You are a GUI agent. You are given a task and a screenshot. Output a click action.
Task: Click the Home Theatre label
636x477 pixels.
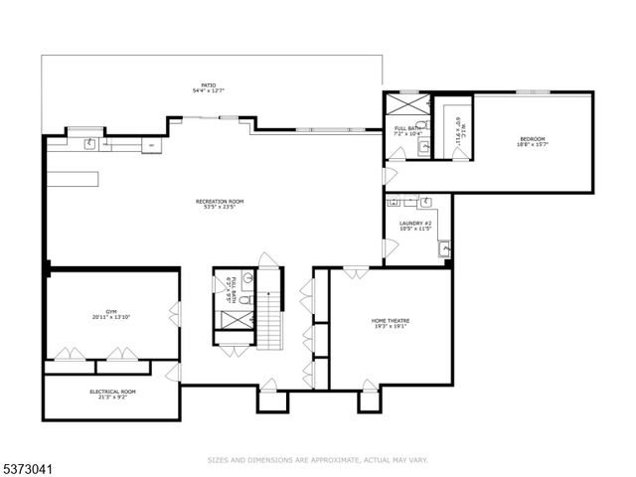tap(391, 324)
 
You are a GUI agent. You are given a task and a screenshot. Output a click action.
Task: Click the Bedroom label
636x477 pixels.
tap(533, 141)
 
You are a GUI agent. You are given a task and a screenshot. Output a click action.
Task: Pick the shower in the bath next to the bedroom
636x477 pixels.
tap(407, 104)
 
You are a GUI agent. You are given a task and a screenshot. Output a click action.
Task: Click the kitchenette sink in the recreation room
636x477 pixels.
tap(89, 144)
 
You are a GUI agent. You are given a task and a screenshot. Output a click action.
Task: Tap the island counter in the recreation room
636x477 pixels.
tap(73, 178)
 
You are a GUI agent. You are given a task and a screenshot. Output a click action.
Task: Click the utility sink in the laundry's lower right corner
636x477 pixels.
tap(443, 248)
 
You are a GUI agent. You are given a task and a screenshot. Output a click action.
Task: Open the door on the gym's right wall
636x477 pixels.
tap(175, 315)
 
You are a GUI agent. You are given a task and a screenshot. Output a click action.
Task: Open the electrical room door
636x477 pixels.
tap(174, 372)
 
